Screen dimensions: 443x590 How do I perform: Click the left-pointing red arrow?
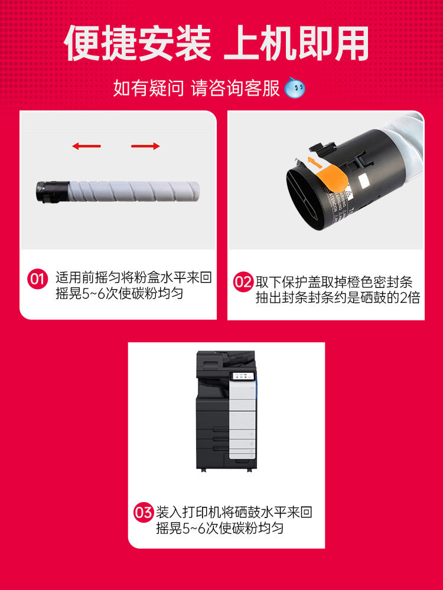[86, 146]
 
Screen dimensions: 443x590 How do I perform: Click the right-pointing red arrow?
[145, 146]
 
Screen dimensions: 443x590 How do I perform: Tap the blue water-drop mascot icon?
[295, 88]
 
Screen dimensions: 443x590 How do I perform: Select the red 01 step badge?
[38, 279]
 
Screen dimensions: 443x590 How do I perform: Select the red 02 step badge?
[243, 282]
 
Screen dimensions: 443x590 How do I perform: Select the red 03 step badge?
[144, 513]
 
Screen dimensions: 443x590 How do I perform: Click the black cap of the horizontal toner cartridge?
[53, 192]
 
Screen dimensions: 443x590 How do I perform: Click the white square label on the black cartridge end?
[364, 182]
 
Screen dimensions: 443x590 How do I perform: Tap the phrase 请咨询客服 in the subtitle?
[236, 88]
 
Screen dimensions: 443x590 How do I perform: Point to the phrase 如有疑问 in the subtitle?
[148, 88]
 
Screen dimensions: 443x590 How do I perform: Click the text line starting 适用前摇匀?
[133, 278]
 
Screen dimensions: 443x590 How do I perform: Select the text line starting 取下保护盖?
[334, 282]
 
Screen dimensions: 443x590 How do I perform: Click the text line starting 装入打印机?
[234, 513]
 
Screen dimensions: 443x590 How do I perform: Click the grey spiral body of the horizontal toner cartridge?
[134, 191]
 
